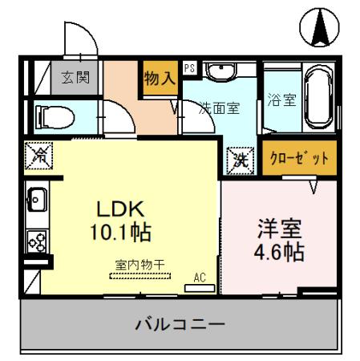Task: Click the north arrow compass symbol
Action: pyautogui.click(x=319, y=29)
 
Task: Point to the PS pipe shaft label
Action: pyautogui.click(x=189, y=69)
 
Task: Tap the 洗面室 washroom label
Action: pyautogui.click(x=219, y=108)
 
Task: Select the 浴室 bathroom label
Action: pyautogui.click(x=281, y=101)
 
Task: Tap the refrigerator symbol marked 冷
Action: pyautogui.click(x=38, y=156)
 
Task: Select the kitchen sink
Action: pyautogui.click(x=37, y=197)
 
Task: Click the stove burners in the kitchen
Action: pyautogui.click(x=37, y=238)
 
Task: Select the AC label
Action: pyautogui.click(x=199, y=277)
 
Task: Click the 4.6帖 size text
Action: pyautogui.click(x=278, y=251)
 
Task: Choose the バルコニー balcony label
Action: pyautogui.click(x=179, y=325)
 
